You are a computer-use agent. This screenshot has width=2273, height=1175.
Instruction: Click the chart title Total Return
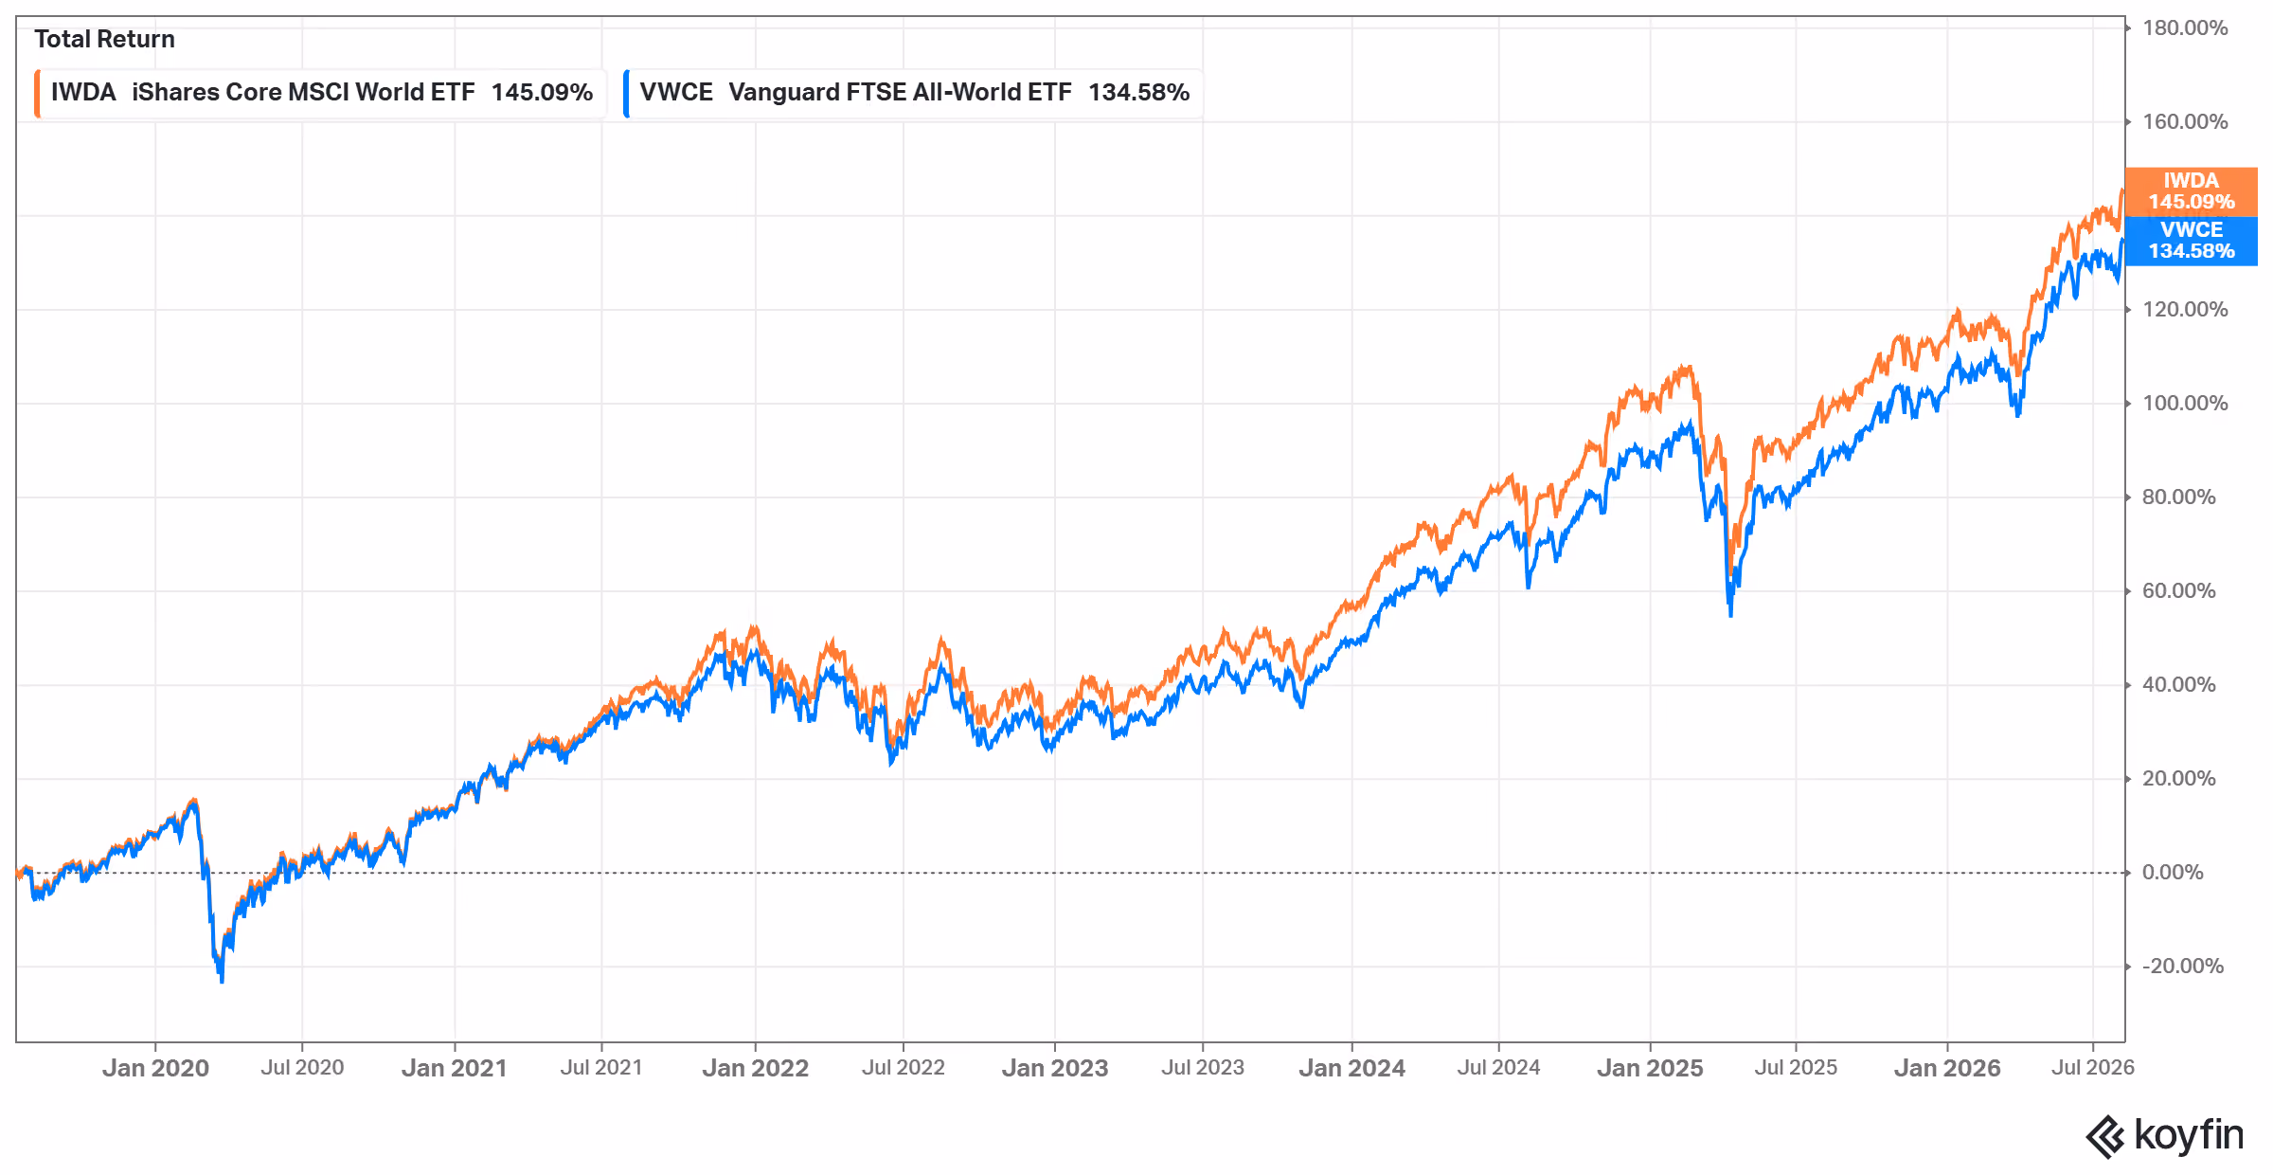[104, 39]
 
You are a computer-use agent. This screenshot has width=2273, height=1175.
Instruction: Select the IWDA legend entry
[320, 93]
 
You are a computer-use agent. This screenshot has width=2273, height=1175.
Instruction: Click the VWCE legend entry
[913, 93]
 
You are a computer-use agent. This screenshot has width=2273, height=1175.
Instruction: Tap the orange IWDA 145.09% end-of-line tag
[2191, 191]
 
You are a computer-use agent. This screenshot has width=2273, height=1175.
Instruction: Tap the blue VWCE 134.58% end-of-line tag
[2191, 241]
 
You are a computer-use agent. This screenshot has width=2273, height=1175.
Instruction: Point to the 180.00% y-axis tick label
[2185, 27]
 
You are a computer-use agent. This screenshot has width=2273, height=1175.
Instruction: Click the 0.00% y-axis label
[2173, 872]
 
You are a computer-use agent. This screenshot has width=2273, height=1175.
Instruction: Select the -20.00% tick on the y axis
[2183, 966]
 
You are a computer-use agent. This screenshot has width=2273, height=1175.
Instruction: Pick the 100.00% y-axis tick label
[2185, 403]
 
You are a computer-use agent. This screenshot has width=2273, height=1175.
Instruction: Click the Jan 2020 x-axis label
[155, 1068]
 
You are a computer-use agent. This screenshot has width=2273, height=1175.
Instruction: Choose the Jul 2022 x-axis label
[904, 1068]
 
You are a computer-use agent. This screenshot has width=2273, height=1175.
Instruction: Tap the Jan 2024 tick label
[1351, 1068]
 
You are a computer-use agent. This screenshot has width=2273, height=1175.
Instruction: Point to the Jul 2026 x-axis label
[2093, 1068]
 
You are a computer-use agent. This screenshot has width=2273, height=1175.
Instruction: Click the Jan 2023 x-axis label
[1055, 1068]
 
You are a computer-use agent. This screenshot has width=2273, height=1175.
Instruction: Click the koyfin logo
[2164, 1135]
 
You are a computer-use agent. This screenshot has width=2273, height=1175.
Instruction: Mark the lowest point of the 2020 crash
[222, 982]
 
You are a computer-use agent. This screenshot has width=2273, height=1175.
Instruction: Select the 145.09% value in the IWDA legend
[542, 93]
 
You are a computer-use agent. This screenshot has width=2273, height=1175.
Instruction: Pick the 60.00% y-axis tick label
[2178, 590]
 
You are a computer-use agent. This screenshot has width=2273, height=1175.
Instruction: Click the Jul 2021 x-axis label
[601, 1068]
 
